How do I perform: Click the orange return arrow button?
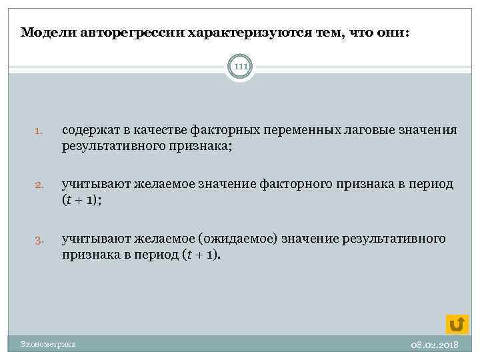(x=456, y=323)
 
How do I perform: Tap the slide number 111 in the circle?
(x=240, y=67)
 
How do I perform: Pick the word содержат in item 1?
(x=89, y=130)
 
